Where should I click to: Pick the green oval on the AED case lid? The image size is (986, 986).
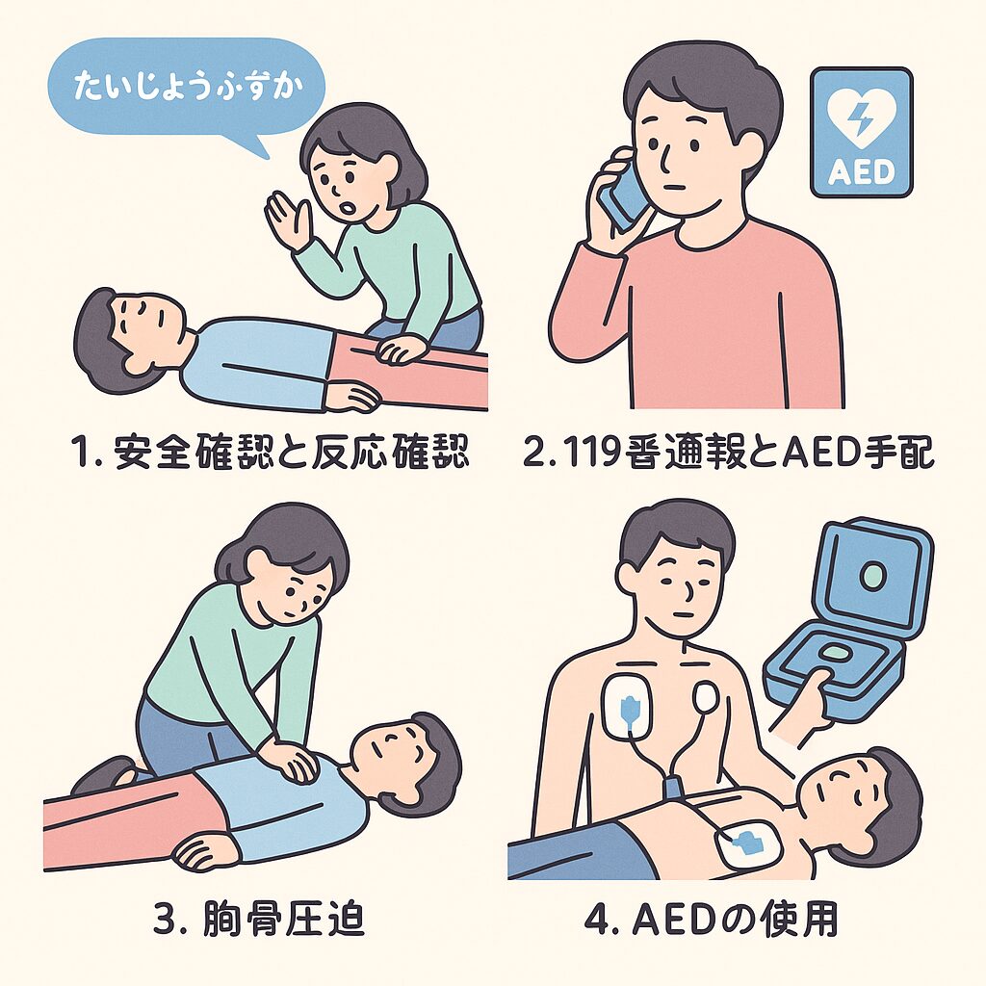(871, 578)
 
